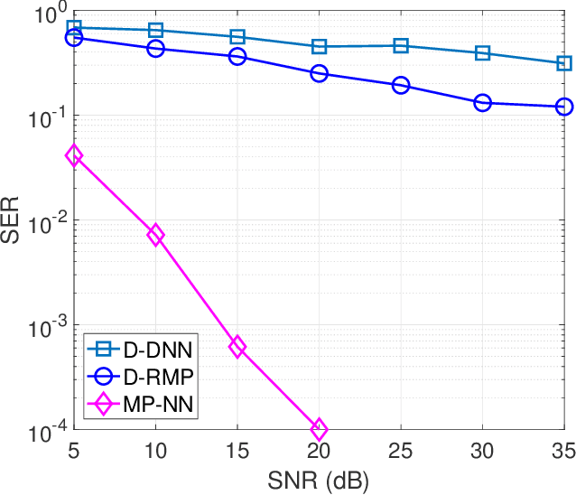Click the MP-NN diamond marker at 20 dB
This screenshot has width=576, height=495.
319,428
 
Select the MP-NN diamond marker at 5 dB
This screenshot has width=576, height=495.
74,155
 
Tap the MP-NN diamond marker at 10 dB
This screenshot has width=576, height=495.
155,235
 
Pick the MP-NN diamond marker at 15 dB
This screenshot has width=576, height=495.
237,347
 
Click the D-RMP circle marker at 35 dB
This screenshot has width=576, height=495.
564,107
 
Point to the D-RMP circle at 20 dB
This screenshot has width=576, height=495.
319,73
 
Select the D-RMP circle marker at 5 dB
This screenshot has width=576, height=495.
74,38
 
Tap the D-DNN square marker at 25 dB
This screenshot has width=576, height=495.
401,45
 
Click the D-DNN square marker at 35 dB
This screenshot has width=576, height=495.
564,63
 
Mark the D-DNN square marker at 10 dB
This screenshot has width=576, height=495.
155,31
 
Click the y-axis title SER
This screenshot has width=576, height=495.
13,221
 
